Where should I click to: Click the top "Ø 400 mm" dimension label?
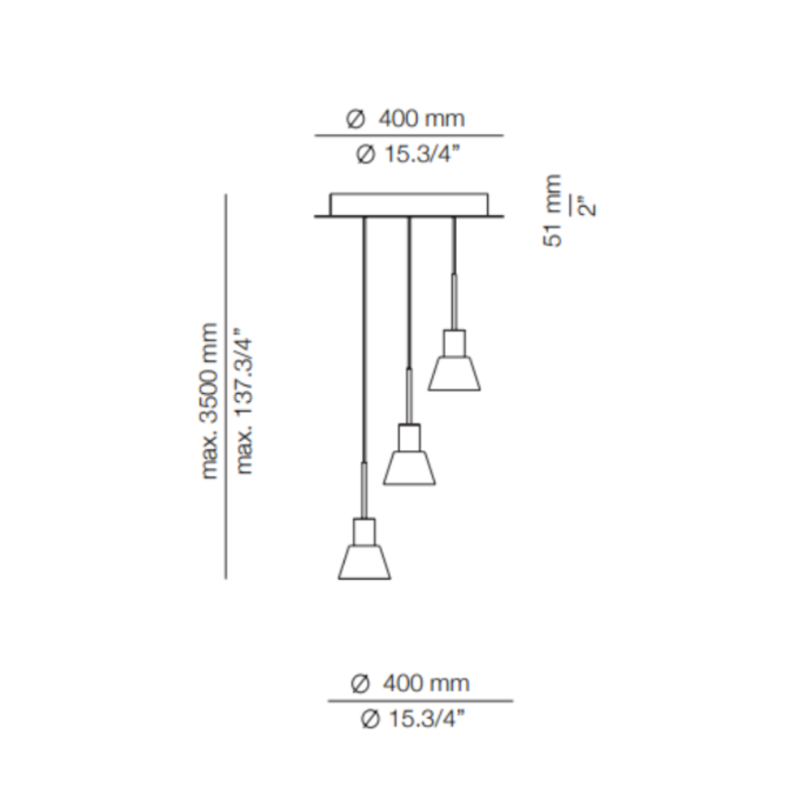[406, 118]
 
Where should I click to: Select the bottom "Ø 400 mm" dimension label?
[410, 684]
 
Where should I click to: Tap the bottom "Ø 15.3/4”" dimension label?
[414, 719]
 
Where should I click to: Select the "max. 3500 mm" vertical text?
[211, 401]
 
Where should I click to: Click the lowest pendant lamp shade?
[364, 562]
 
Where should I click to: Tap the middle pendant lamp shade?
[409, 467]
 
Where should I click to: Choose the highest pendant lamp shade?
[454, 373]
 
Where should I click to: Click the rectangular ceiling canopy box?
[409, 204]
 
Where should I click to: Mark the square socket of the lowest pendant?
[364, 531]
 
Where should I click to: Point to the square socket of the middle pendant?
[409, 437]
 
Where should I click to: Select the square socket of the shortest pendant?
[454, 342]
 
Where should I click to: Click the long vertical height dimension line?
[226, 386]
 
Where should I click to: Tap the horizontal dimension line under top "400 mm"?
[409, 136]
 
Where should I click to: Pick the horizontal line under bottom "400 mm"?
[420, 701]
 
